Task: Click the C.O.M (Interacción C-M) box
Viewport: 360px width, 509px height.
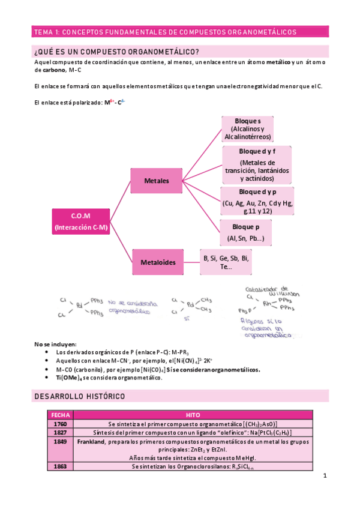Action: tap(80, 221)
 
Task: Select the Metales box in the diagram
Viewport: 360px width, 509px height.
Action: tap(156, 180)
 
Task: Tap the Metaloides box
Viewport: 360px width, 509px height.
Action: tap(157, 262)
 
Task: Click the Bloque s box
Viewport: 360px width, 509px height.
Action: tap(247, 128)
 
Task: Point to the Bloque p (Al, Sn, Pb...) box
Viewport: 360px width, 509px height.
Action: tap(250, 233)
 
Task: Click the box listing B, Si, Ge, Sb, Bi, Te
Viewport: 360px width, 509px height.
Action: tap(226, 262)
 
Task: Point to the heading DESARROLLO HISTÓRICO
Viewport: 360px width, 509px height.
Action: tap(79, 397)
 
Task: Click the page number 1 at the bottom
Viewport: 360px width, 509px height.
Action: tap(324, 476)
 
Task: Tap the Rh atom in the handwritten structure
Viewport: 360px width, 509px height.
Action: tap(267, 303)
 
